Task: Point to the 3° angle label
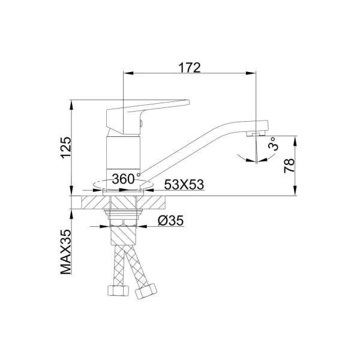pyautogui.click(x=273, y=145)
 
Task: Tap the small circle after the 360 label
pyautogui.click(x=139, y=175)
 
